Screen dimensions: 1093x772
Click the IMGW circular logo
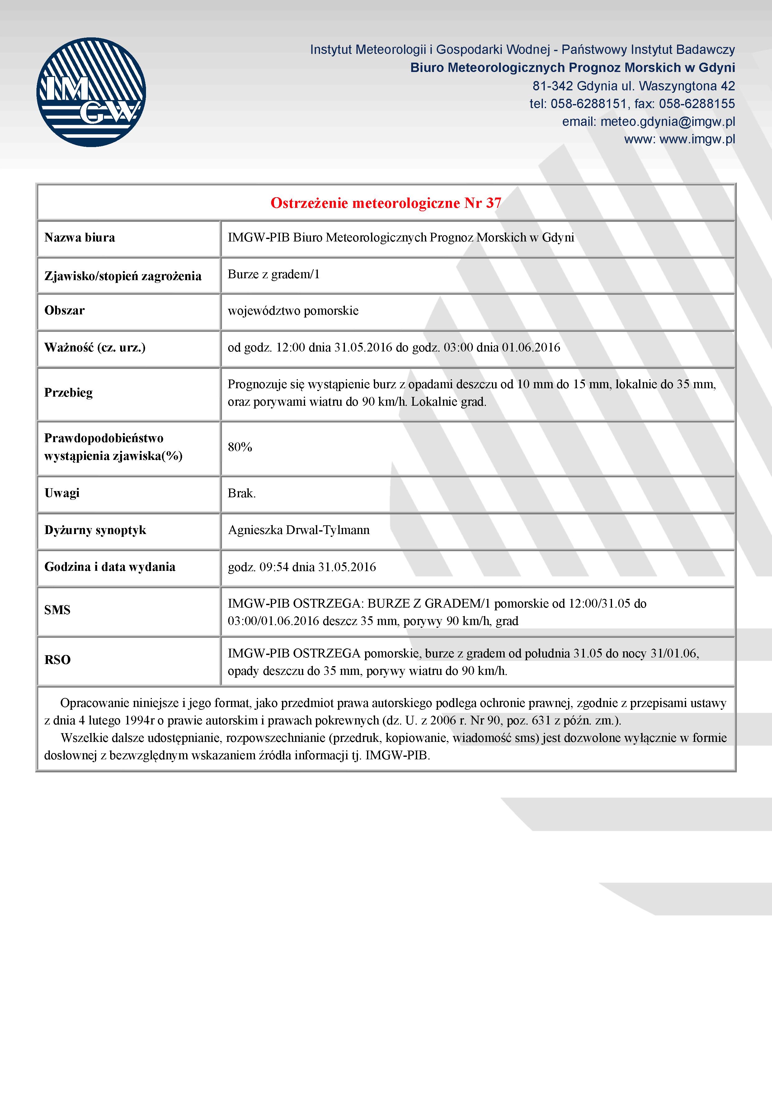click(x=91, y=92)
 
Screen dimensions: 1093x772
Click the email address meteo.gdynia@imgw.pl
click(x=667, y=122)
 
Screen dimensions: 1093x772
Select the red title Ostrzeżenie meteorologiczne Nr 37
click(x=386, y=203)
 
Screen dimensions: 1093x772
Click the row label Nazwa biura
click(x=79, y=237)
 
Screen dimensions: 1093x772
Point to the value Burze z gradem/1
click(x=274, y=274)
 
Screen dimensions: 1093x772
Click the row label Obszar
click(x=64, y=310)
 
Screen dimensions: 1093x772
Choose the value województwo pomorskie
click(x=293, y=311)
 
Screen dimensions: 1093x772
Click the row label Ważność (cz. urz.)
click(x=95, y=347)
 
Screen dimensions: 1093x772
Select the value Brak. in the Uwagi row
click(x=242, y=493)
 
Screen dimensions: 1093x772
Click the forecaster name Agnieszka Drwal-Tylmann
click(x=299, y=530)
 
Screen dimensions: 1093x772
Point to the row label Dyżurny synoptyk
click(x=95, y=530)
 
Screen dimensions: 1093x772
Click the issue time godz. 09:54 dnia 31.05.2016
click(x=302, y=567)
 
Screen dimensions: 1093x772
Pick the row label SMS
click(x=57, y=610)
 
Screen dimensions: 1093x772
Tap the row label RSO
click(x=57, y=660)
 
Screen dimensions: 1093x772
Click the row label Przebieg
click(x=68, y=393)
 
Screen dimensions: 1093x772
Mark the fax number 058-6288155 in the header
click(x=697, y=104)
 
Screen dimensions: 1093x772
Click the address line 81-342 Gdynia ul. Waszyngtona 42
click(x=633, y=86)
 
